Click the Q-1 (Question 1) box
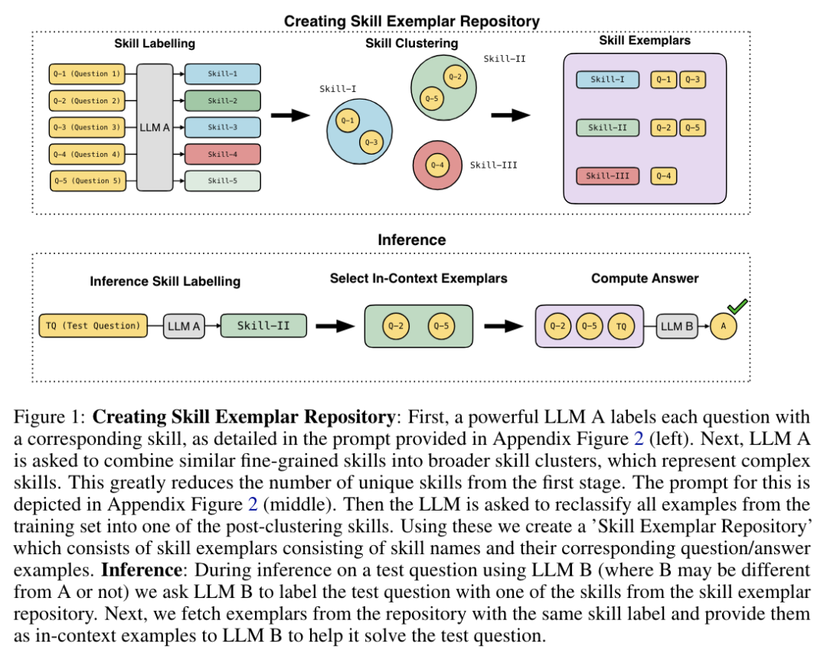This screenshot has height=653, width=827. click(86, 74)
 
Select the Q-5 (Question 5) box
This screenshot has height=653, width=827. click(87, 181)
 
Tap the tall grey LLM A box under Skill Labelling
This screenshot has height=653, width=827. click(155, 127)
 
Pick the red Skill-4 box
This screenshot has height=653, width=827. click(222, 154)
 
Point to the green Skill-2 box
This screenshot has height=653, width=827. click(222, 101)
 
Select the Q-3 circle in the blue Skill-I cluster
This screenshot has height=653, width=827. click(371, 142)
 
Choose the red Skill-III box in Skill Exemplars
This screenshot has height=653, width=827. click(607, 176)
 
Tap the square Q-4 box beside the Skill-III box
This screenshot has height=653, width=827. click(663, 176)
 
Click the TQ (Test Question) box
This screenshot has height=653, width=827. click(92, 325)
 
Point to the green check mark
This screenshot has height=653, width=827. click(737, 307)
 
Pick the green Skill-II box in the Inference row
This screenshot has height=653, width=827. click(263, 325)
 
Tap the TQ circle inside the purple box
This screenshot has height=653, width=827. click(621, 327)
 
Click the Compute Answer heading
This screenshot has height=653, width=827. click(645, 279)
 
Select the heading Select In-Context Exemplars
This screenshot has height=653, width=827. click(418, 279)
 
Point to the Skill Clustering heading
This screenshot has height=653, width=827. click(411, 44)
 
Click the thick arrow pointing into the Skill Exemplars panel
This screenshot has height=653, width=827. click(510, 116)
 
